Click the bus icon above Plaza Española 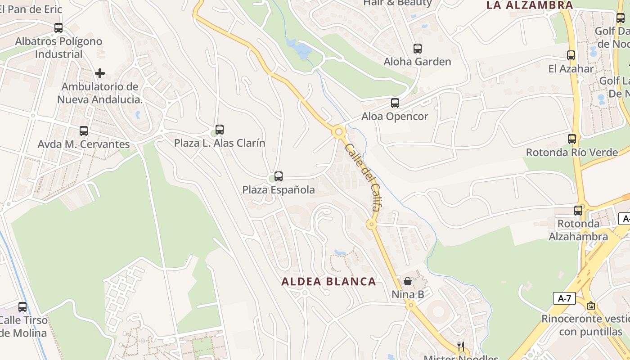pyautogui.click(x=279, y=176)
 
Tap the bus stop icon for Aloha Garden pyautogui.click(x=418, y=49)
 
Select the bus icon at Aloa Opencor pyautogui.click(x=395, y=103)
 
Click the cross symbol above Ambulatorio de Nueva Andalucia pyautogui.click(x=100, y=73)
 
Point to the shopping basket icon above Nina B pyautogui.click(x=408, y=281)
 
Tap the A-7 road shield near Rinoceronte pyautogui.click(x=564, y=298)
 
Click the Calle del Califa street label pyautogui.click(x=363, y=177)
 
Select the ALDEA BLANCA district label pyautogui.click(x=328, y=282)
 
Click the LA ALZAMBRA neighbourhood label pyautogui.click(x=530, y=5)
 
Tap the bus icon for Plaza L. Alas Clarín pyautogui.click(x=220, y=130)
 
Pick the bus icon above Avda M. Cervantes pyautogui.click(x=84, y=131)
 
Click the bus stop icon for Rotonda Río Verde pyautogui.click(x=572, y=139)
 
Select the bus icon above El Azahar pyautogui.click(x=571, y=55)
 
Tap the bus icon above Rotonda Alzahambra pyautogui.click(x=578, y=210)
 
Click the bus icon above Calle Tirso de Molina pyautogui.click(x=22, y=307)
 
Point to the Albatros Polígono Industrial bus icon pyautogui.click(x=58, y=28)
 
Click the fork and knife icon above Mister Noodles pyautogui.click(x=460, y=346)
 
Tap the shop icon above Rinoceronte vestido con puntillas pyautogui.click(x=591, y=306)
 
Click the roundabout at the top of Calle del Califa pyautogui.click(x=339, y=132)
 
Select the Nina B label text pyautogui.click(x=408, y=295)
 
